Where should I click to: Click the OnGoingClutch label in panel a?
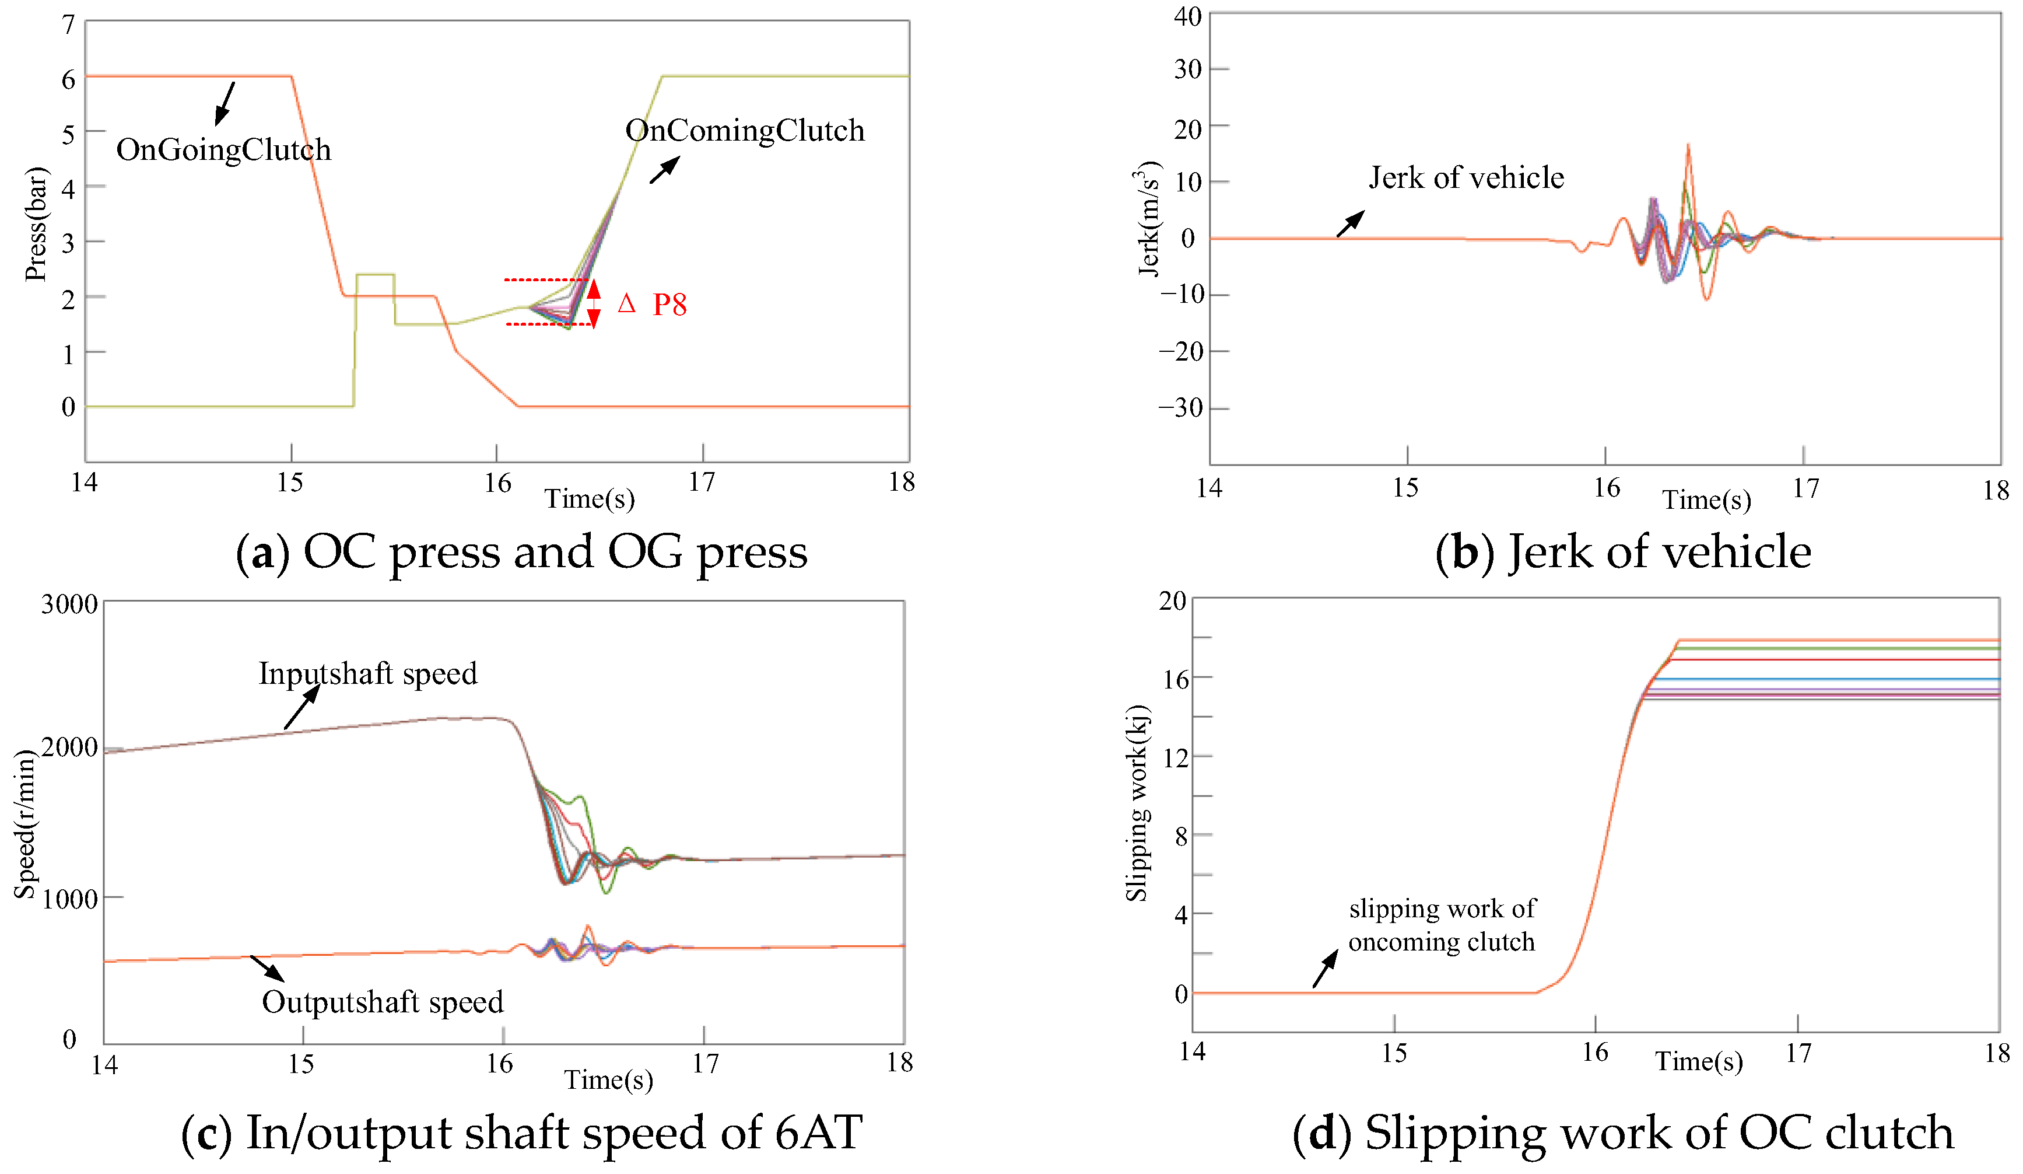pyautogui.click(x=223, y=150)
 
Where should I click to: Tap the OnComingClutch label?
pyautogui.click(x=744, y=131)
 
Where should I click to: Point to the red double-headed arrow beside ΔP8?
pyautogui.click(x=593, y=303)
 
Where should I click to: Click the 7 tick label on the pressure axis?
pyautogui.click(x=68, y=25)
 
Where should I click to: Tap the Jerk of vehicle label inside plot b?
pyautogui.click(x=1466, y=177)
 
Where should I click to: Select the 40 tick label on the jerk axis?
pyautogui.click(x=1187, y=17)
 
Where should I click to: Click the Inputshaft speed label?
pyautogui.click(x=367, y=673)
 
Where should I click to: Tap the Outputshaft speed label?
pyautogui.click(x=383, y=1001)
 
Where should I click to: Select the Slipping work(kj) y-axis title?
pyautogui.click(x=1136, y=803)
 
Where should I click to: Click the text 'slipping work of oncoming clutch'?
pyautogui.click(x=1442, y=925)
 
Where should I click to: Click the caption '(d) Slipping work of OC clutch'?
pyautogui.click(x=1622, y=1133)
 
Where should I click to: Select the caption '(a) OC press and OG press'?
pyautogui.click(x=522, y=553)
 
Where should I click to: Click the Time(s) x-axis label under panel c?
pyautogui.click(x=608, y=1079)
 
